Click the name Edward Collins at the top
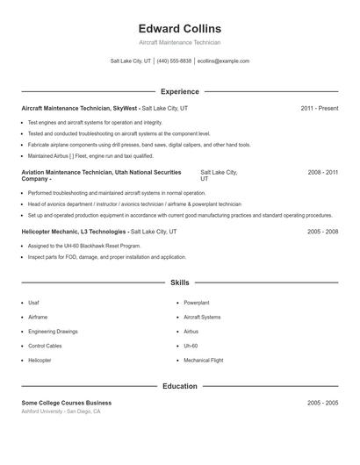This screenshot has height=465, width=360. point(179,29)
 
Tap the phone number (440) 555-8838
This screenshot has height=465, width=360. point(174,61)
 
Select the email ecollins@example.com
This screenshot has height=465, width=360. point(223,61)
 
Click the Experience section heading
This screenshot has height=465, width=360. point(179,91)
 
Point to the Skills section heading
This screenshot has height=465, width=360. point(179,283)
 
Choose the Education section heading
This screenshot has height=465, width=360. point(179,386)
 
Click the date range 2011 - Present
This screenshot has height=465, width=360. point(319,108)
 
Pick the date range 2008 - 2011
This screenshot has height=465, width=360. point(322,173)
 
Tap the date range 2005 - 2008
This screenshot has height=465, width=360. point(322,232)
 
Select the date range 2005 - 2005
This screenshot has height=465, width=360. point(322,403)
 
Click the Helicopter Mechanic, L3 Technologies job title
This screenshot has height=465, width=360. point(75,232)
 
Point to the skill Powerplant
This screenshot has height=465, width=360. point(196,303)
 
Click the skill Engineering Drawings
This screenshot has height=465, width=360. point(53,332)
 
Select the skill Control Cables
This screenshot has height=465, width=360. point(47,346)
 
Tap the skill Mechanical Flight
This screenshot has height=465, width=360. point(203,361)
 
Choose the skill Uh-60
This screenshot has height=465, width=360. point(191,346)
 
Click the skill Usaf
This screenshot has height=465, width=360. point(33,303)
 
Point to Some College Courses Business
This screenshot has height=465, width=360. point(67,403)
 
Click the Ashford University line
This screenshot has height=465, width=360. point(61,411)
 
